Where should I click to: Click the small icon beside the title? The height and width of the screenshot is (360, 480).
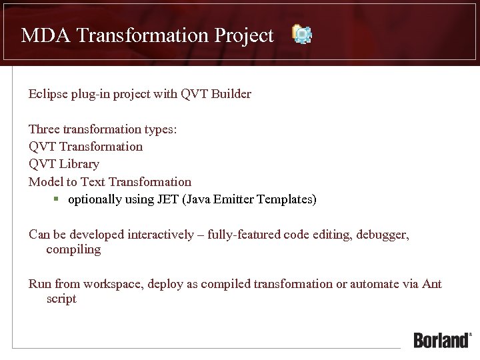303,34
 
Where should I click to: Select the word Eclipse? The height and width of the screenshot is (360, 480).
48,94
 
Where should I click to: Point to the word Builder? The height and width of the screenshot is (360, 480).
231,94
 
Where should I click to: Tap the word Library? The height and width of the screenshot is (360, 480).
79,163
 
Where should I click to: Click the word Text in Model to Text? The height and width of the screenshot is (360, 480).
92,181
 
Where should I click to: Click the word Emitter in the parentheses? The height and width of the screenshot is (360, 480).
234,199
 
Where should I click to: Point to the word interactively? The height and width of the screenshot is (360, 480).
167,234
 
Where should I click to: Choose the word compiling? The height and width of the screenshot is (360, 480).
73,250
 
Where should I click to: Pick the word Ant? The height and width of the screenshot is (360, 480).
431,284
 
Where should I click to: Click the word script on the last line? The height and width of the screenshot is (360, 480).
61,299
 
